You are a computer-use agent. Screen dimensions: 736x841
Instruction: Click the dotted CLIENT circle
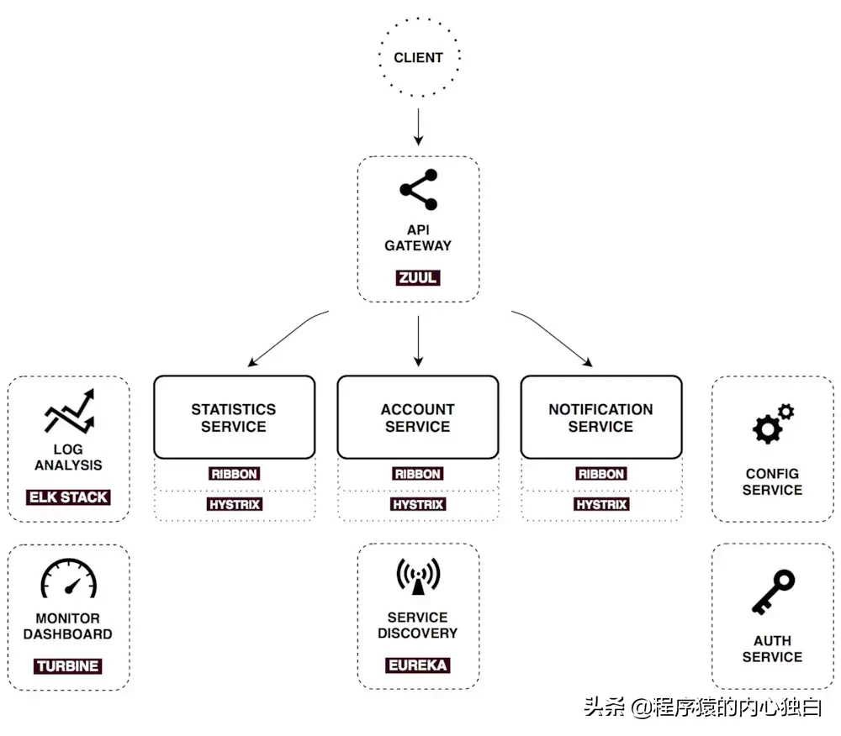coord(418,58)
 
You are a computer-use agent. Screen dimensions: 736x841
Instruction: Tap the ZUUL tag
coord(418,277)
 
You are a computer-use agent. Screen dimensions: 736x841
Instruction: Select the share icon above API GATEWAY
coord(419,190)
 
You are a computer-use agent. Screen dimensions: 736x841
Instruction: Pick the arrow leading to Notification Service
coord(553,339)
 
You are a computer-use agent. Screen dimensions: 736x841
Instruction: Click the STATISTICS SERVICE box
coord(234,417)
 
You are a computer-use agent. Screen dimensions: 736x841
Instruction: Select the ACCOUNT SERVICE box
coord(418,417)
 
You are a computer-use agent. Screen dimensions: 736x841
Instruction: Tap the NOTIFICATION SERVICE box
coord(600,417)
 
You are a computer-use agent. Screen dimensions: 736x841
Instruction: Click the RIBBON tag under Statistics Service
coord(234,474)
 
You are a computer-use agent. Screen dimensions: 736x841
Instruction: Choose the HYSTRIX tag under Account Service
coord(418,505)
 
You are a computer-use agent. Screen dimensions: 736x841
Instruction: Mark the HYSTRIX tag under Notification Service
coord(600,505)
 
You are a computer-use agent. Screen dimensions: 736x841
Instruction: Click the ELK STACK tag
coord(68,497)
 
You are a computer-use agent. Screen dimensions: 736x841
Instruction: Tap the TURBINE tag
coord(68,666)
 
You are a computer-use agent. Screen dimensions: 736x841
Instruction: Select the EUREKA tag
coord(418,665)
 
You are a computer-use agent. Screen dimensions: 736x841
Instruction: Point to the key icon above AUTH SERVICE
coord(772,592)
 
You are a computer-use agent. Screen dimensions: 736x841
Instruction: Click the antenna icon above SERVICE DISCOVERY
coord(418,577)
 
